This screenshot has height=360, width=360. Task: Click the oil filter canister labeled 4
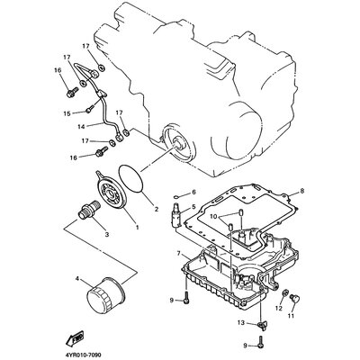[104, 296]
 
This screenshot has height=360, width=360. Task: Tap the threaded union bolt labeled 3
[88, 209]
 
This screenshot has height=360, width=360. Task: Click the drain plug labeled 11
[294, 299]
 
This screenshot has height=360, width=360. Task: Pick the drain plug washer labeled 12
[285, 292]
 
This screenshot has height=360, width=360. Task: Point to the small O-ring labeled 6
[176, 197]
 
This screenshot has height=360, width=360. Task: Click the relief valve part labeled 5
[175, 214]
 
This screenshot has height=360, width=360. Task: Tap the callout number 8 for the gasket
[302, 191]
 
